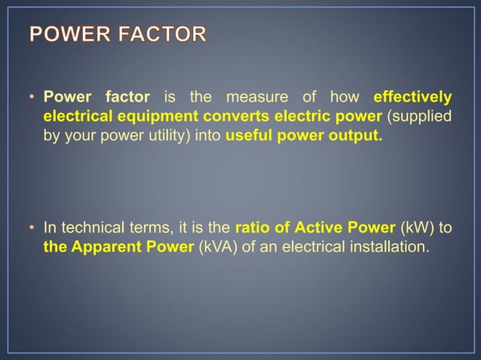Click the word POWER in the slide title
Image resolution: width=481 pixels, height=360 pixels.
(67, 35)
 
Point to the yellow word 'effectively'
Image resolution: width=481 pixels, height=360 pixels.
(412, 97)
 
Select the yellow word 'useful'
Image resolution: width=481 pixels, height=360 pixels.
(250, 138)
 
